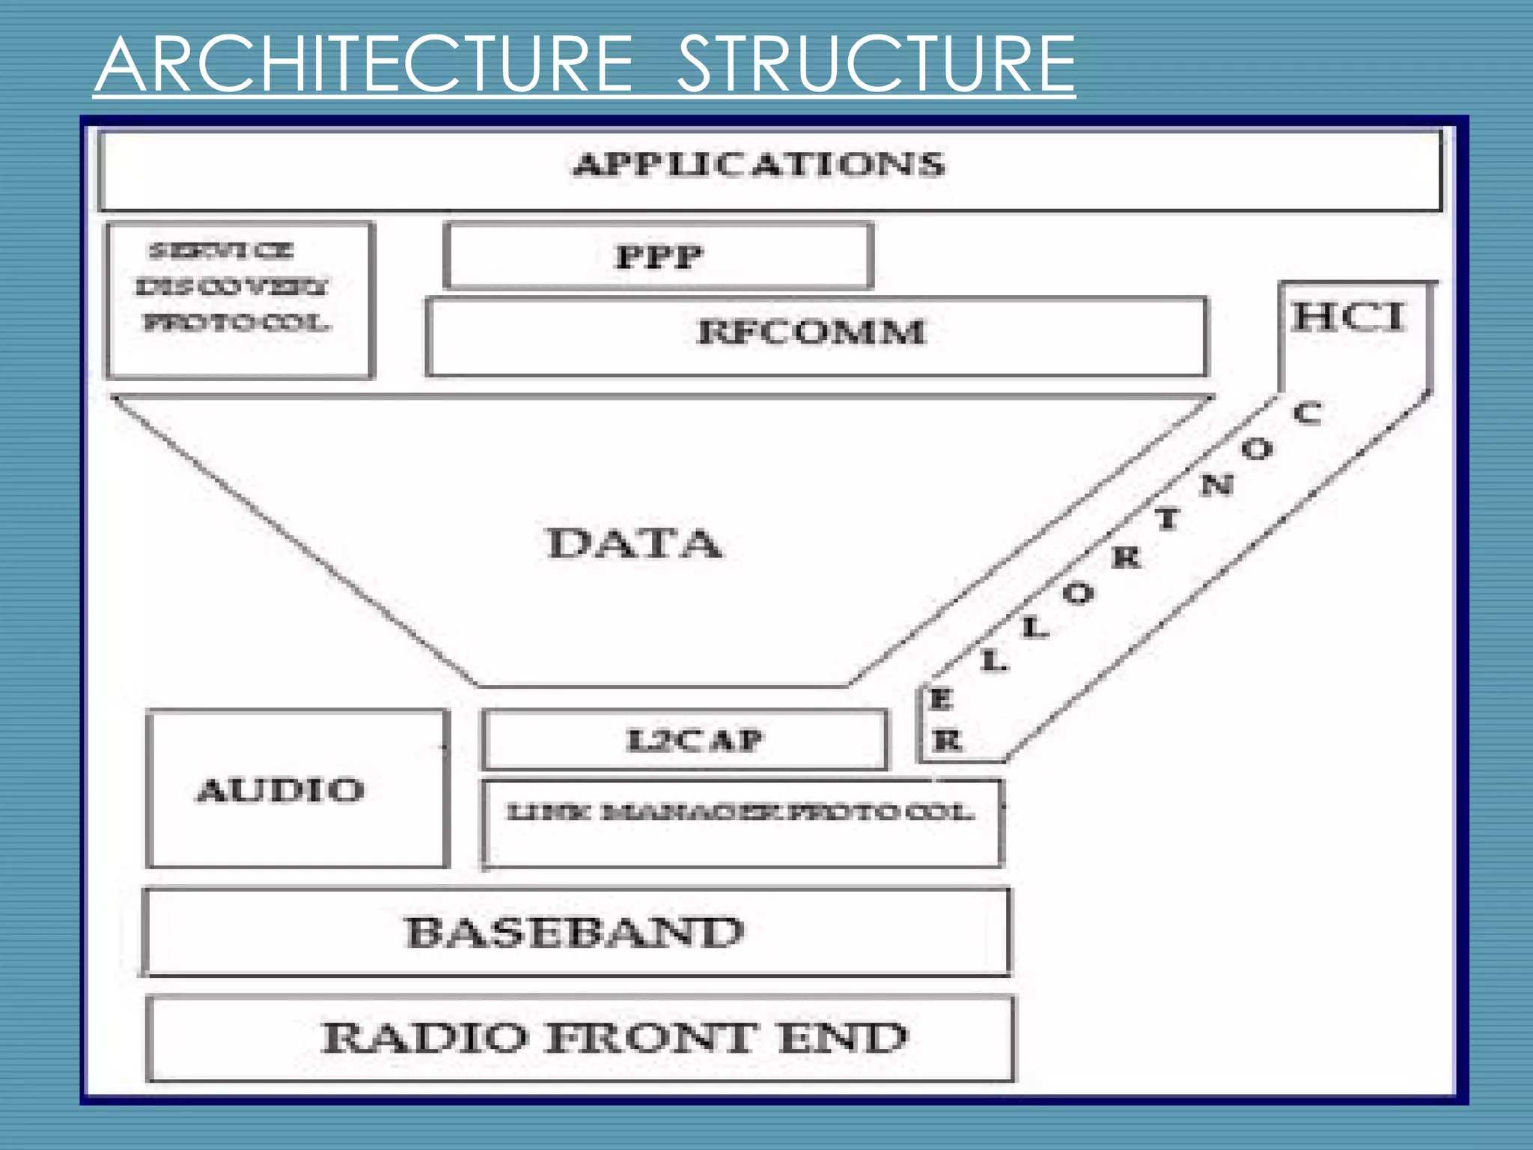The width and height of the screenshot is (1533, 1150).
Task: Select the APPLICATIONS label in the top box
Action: (759, 165)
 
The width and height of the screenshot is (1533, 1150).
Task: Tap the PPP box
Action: (659, 257)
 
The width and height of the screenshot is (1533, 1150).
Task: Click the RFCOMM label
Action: (811, 332)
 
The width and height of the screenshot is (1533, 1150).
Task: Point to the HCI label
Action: (1349, 317)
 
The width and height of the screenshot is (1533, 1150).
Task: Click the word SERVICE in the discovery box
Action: (222, 251)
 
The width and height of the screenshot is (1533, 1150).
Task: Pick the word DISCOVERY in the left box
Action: (232, 287)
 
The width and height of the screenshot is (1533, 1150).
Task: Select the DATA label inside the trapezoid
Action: (634, 543)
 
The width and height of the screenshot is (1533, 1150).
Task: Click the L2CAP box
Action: (694, 740)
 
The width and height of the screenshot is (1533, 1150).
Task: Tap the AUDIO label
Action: (281, 791)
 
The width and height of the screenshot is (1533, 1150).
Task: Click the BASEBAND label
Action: (575, 933)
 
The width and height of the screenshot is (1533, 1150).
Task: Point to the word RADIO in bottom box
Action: (424, 1038)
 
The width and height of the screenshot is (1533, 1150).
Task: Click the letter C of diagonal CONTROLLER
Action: (1308, 413)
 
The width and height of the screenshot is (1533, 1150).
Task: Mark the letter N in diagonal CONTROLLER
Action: (1217, 485)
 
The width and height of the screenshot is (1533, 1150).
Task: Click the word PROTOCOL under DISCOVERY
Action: (237, 323)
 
